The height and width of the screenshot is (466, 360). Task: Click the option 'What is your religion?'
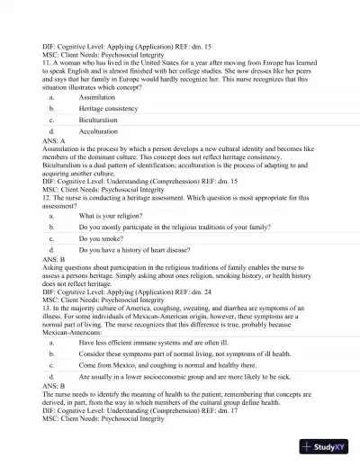click(x=112, y=216)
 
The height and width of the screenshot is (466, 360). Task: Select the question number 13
click(x=47, y=309)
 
